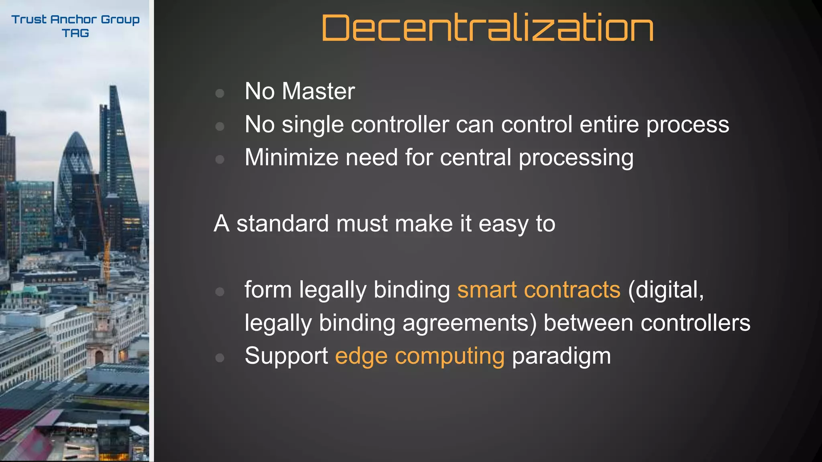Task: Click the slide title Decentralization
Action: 487,28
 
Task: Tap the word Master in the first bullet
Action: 318,91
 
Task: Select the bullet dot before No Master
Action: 220,93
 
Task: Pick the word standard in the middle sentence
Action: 283,223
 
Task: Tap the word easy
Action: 503,224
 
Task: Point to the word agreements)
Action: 469,323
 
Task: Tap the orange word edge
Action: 361,357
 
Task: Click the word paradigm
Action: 561,357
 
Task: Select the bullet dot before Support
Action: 220,358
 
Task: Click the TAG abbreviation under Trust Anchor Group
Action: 75,33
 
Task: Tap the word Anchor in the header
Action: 73,19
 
